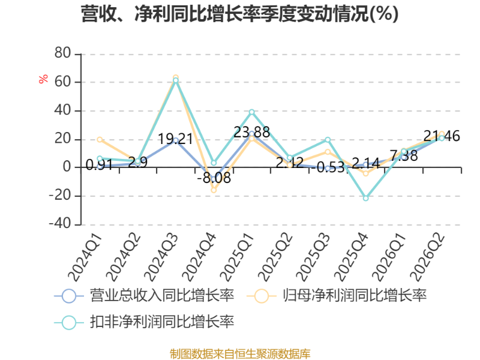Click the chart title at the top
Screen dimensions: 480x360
coord(239,14)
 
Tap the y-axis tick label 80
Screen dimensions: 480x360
coord(63,53)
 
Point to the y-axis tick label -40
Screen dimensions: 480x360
coord(60,223)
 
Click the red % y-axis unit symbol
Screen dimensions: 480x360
coord(43,79)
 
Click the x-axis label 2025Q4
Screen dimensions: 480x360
coord(351,257)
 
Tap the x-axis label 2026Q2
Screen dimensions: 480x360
coord(427,257)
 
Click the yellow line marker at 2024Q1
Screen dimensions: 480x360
coord(100,140)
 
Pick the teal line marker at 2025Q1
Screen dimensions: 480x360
coord(251,112)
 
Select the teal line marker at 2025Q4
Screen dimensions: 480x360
coord(365,199)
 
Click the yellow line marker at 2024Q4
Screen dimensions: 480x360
coord(214,190)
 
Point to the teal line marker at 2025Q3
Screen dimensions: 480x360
coord(328,140)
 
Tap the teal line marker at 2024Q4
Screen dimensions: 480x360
coord(214,163)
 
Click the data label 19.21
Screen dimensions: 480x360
coord(175,139)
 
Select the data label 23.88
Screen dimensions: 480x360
coord(251,133)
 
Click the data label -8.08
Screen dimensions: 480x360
coord(214,178)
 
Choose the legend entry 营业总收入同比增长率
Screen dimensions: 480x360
coord(144,296)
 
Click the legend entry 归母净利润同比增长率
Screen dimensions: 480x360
coord(337,296)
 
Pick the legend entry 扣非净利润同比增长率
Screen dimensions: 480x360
coord(144,322)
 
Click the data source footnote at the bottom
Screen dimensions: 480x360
coord(240,354)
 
